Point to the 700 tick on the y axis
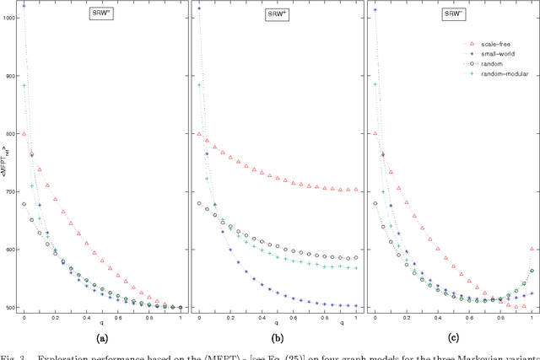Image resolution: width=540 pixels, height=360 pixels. pos(8,191)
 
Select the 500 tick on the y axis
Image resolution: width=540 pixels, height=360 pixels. pos(8,308)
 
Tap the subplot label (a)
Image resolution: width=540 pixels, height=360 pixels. pos(102,338)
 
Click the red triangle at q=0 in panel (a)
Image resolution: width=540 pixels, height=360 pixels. pos(24,134)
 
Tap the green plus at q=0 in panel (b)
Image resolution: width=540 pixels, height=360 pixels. pos(199,85)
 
